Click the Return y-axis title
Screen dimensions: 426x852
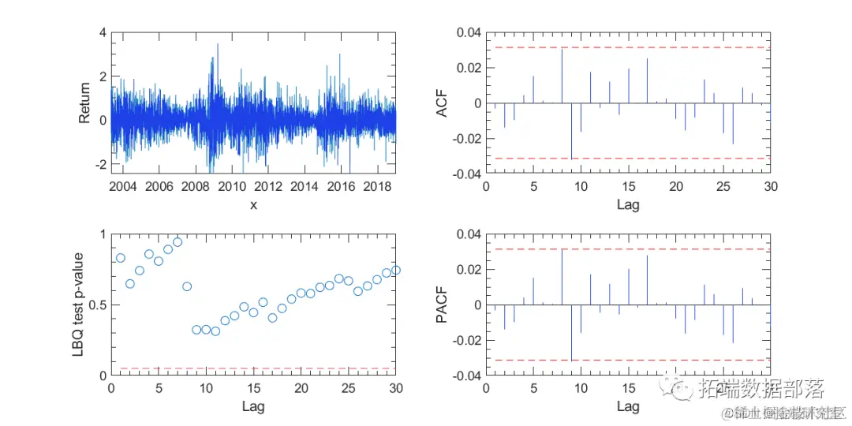point(85,103)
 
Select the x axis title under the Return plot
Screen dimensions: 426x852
point(253,204)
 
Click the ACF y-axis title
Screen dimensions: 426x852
point(442,103)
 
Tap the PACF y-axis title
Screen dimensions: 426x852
point(442,305)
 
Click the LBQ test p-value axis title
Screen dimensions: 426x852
point(79,305)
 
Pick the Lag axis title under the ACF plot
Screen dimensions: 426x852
point(628,204)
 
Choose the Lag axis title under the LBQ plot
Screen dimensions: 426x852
point(253,406)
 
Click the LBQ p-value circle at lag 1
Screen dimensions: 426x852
point(121,258)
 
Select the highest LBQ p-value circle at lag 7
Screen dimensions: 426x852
point(177,242)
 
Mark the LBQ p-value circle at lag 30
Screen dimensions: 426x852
point(396,270)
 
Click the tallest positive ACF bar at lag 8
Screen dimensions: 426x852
point(562,76)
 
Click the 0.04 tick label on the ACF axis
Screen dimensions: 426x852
point(468,32)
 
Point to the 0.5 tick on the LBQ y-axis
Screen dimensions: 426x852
point(98,305)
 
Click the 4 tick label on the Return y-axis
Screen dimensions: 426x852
point(102,32)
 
